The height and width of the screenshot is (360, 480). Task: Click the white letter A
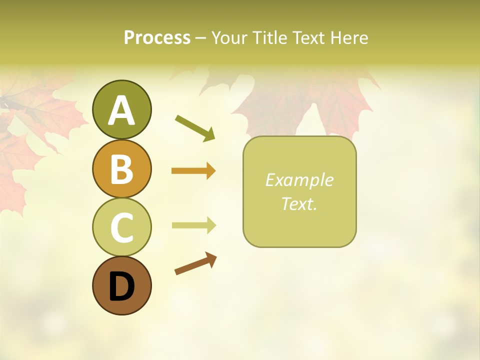pyautogui.click(x=121, y=110)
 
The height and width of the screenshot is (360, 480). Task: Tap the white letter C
pyautogui.click(x=121, y=227)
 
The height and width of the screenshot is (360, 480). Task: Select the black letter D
pyautogui.click(x=121, y=286)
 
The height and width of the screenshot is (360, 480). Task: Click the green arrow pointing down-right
pyautogui.click(x=195, y=128)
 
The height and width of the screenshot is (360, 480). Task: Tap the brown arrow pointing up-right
pyautogui.click(x=195, y=263)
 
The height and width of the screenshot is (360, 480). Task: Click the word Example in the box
pyautogui.click(x=299, y=180)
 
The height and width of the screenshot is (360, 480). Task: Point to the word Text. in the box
pyautogui.click(x=299, y=203)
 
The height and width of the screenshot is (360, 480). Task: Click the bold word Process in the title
pyautogui.click(x=157, y=37)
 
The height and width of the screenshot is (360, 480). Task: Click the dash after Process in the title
pyautogui.click(x=201, y=38)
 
